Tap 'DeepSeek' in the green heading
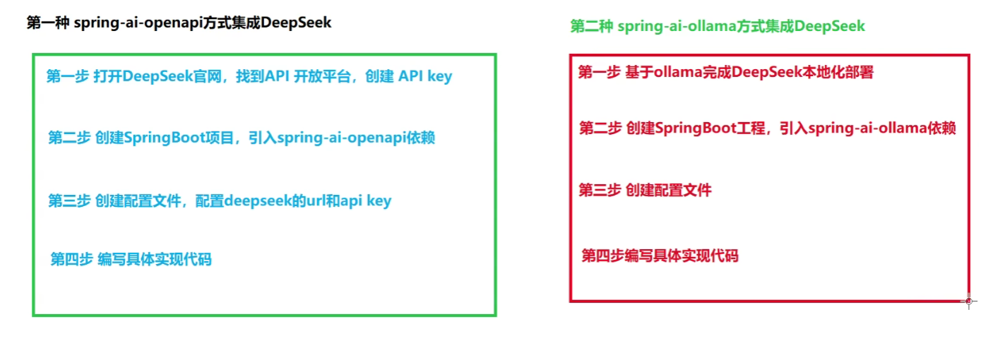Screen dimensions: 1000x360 (830, 27)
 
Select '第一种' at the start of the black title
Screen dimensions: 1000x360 (47, 23)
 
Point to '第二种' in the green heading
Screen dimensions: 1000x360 (592, 27)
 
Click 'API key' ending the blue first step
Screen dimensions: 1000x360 (425, 77)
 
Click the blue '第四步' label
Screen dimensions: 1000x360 (71, 259)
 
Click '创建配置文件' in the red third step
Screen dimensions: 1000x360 (669, 190)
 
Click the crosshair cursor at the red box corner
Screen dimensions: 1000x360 (969, 301)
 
